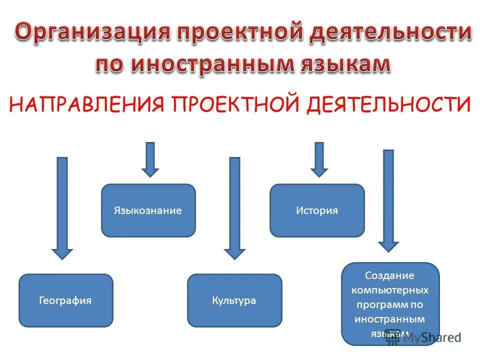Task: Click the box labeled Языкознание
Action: [148, 210]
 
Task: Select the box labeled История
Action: [317, 210]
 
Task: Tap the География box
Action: [65, 300]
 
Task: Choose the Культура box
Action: [234, 300]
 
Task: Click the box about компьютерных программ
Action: [390, 303]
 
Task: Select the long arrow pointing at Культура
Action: [234, 207]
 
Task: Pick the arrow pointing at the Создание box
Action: [388, 200]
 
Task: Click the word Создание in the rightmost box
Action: [390, 275]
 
